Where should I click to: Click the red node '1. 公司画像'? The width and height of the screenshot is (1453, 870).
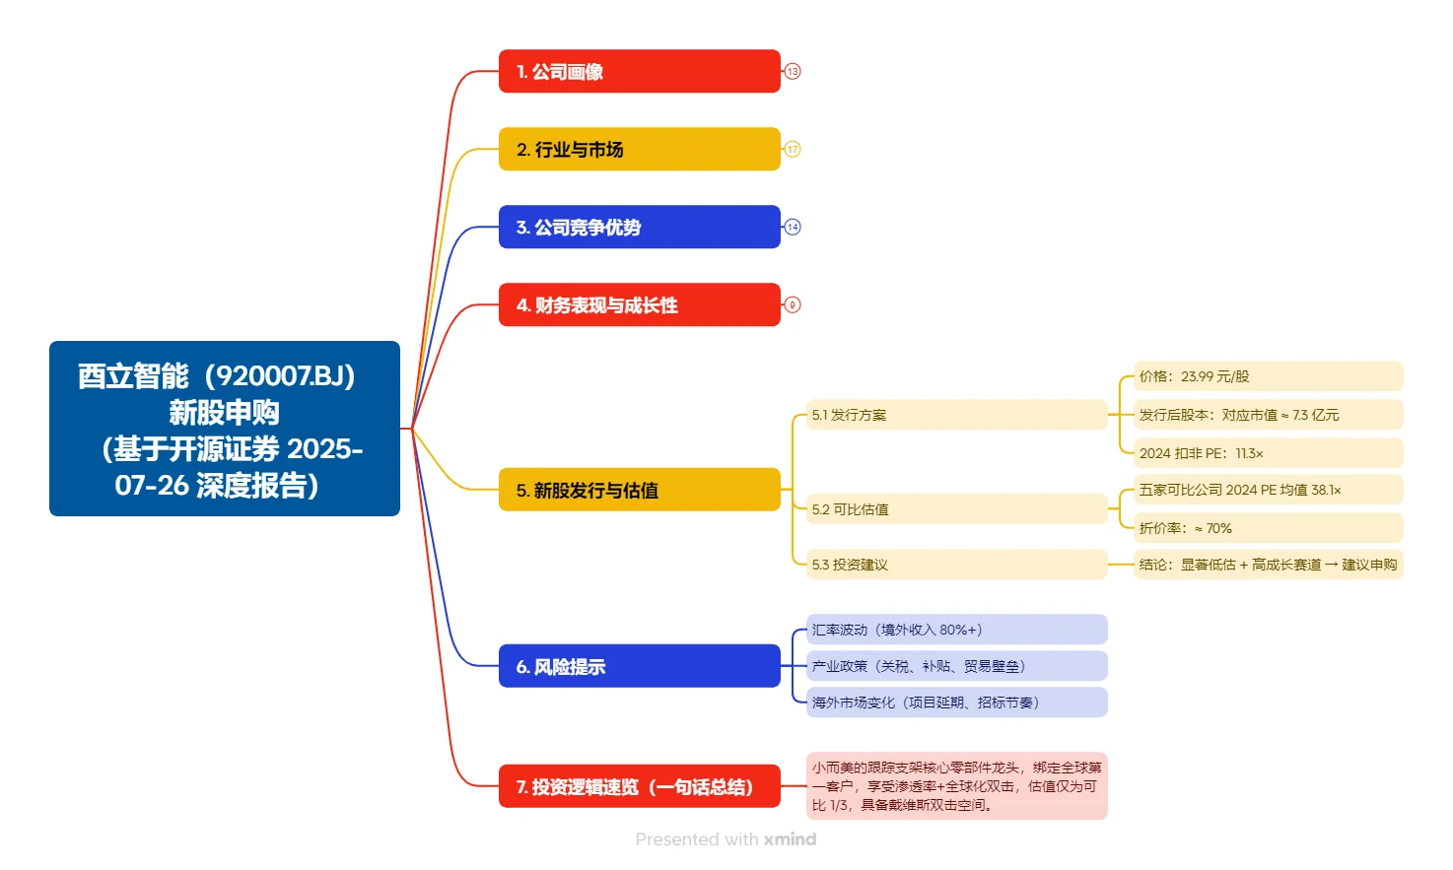639,71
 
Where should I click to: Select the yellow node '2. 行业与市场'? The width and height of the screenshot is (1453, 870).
639,149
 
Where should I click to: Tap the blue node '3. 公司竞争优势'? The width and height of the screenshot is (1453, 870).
639,227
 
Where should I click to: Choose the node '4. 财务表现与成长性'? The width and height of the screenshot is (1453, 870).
639,304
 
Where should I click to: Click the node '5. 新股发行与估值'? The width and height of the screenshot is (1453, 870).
639,490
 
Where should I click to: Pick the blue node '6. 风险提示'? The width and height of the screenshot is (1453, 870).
639,666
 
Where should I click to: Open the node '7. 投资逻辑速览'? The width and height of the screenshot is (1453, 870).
639,786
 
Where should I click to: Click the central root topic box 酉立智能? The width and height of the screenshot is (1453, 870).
225,429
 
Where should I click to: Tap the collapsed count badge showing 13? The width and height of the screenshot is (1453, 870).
793,71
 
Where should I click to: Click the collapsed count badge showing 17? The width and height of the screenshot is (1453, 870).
793,149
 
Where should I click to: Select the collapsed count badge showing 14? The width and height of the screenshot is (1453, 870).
793,227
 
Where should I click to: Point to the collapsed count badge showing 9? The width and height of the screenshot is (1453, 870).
793,304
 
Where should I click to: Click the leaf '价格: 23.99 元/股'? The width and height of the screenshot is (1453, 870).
1268,376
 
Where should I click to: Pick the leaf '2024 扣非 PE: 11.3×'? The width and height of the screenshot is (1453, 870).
1268,453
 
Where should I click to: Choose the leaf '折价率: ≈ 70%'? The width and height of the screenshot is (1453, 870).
1268,528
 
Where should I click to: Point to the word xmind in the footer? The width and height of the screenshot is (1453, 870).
790,839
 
